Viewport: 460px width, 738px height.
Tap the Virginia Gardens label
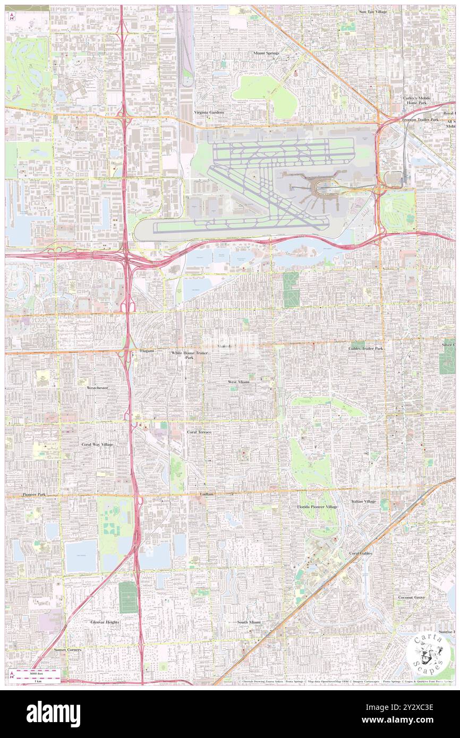(209, 113)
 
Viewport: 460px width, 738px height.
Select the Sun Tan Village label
(373, 11)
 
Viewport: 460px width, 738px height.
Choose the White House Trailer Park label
(189, 355)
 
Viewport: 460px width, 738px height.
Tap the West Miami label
(238, 382)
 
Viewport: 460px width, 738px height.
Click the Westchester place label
(97, 388)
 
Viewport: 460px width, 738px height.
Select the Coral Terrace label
(199, 432)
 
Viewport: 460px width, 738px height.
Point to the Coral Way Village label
(97, 444)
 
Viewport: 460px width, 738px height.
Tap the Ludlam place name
(206, 494)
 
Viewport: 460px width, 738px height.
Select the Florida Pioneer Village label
(317, 507)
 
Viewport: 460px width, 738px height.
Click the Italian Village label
(363, 501)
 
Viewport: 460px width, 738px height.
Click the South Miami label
(250, 622)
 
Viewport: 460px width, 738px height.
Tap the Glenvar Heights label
(105, 622)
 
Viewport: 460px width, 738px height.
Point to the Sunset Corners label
(67, 649)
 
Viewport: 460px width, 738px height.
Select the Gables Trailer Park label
(365, 348)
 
